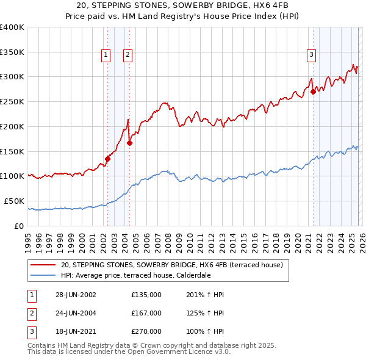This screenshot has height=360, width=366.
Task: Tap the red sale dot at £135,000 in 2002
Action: (107, 159)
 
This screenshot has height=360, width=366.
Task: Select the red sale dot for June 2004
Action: (129, 143)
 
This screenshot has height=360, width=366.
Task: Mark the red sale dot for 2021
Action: (313, 92)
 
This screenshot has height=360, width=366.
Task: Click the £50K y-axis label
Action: (14, 201)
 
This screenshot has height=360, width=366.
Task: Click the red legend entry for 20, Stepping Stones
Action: (171, 265)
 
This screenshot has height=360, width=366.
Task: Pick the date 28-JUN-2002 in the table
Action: (75, 295)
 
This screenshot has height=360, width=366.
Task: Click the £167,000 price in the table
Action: (146, 313)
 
